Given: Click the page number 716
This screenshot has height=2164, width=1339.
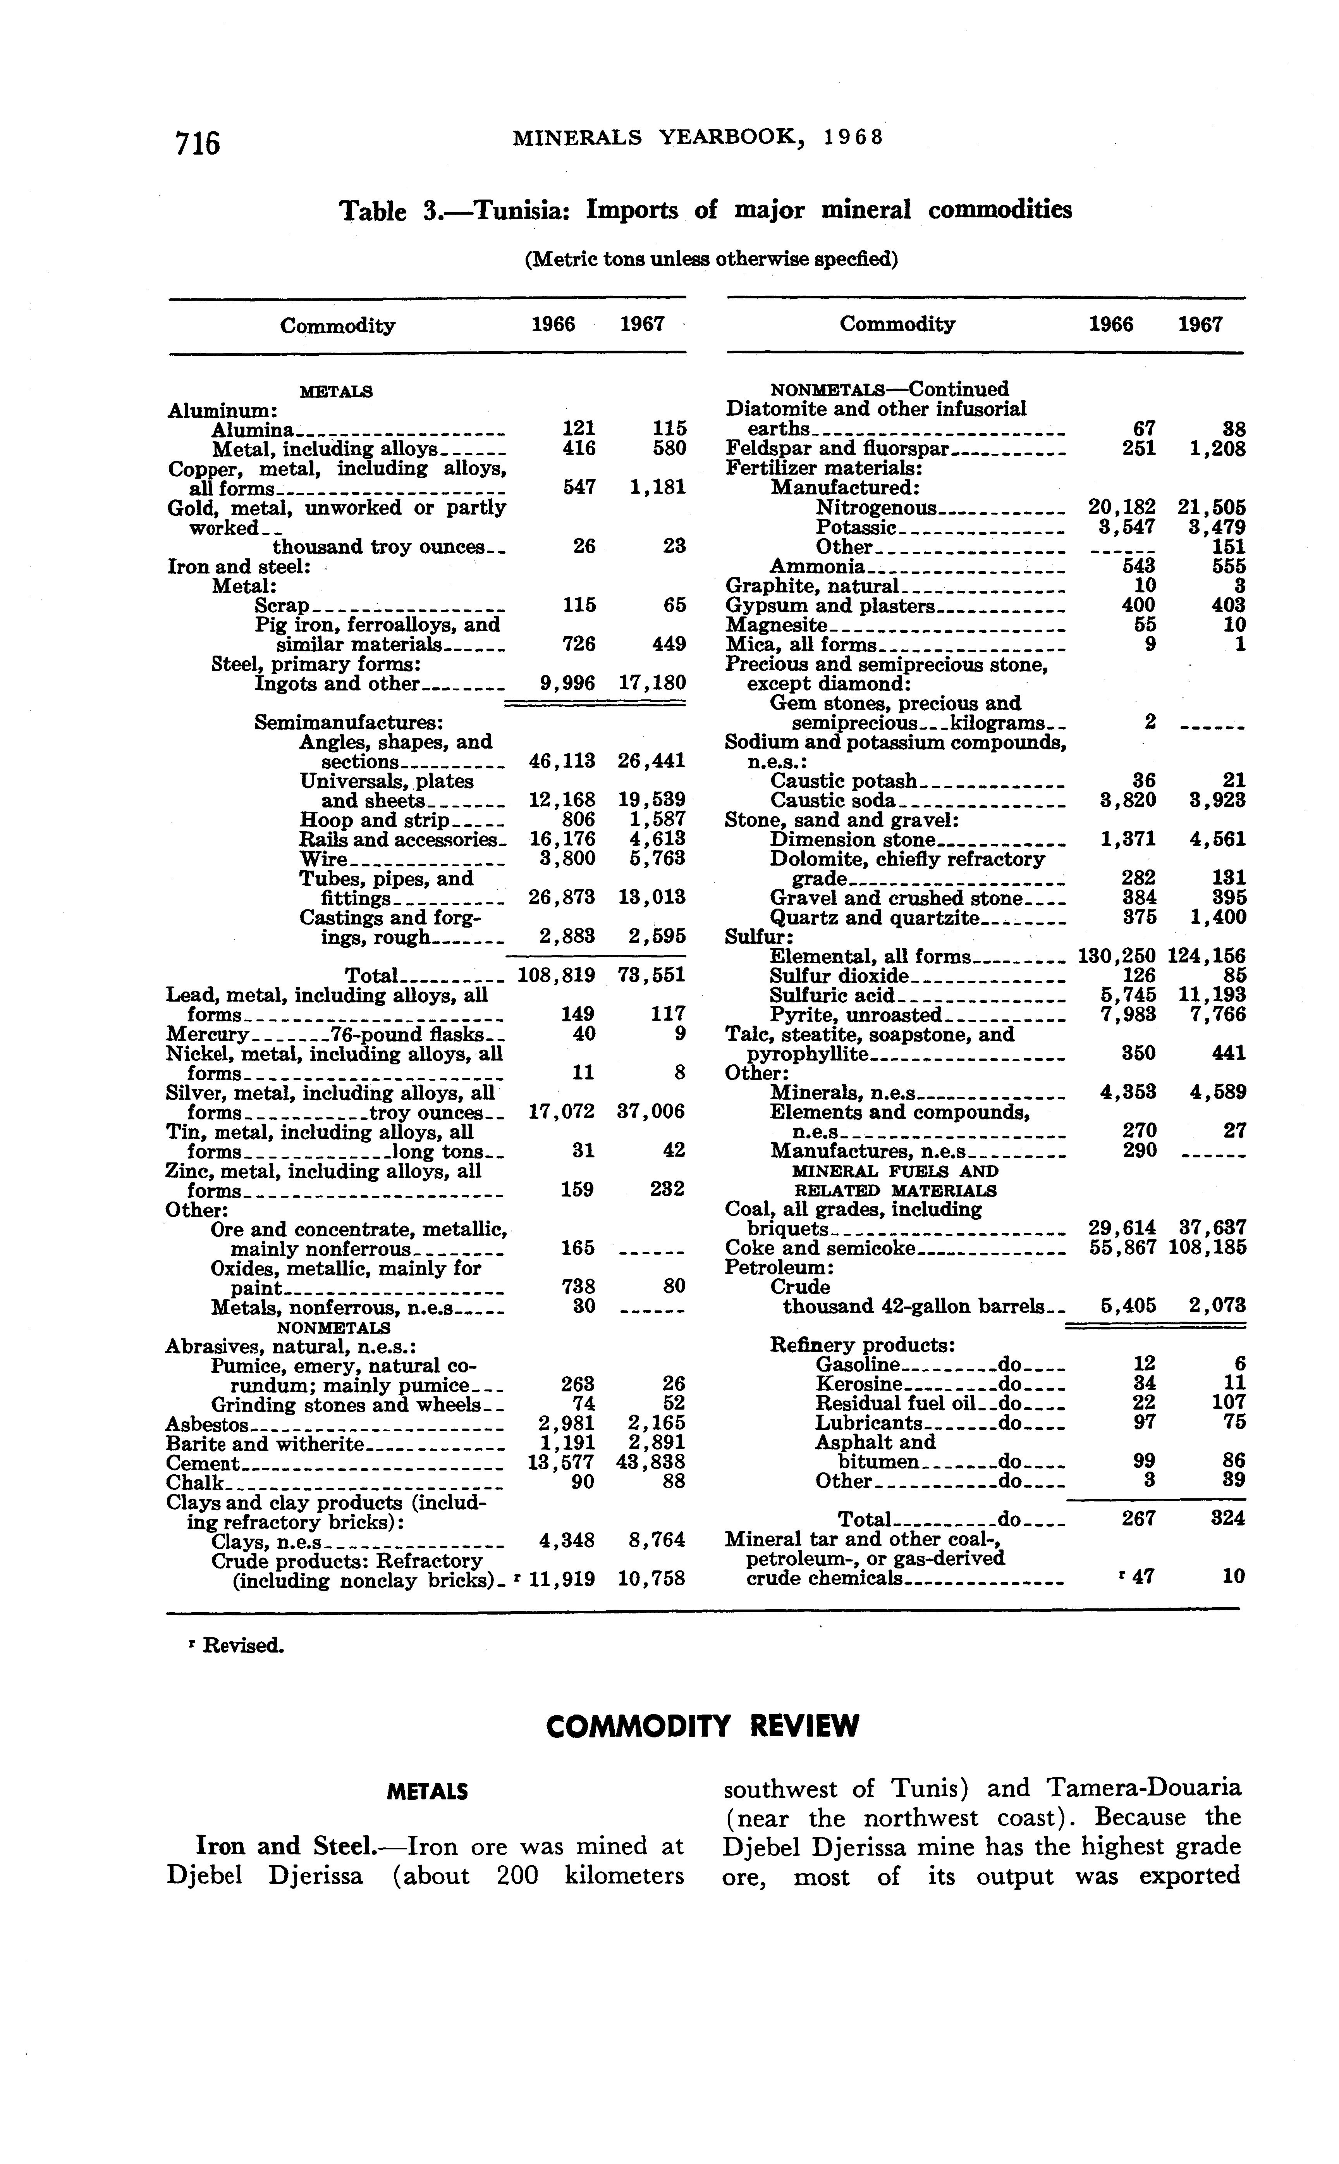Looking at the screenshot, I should point(198,142).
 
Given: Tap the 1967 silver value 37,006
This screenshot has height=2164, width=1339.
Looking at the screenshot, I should point(651,1112).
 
